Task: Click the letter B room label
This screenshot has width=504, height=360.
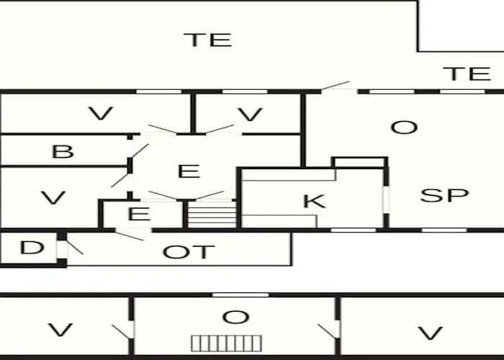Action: tap(63, 151)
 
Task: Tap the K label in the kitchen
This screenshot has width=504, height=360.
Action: tap(315, 201)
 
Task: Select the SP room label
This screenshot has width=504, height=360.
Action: tap(444, 195)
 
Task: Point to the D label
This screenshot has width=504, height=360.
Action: tap(32, 248)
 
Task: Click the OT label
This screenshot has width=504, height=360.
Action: tap(189, 252)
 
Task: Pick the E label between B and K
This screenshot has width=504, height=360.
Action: tap(189, 171)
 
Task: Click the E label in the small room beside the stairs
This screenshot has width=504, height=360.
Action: tap(139, 214)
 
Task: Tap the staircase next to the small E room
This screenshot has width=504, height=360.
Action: tap(212, 214)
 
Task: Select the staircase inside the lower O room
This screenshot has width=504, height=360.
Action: tap(227, 343)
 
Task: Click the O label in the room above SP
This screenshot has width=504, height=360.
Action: tap(404, 127)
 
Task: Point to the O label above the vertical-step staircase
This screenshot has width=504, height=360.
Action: tap(235, 318)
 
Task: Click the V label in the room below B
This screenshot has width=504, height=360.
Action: tap(53, 198)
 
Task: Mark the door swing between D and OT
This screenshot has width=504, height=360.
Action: tap(75, 247)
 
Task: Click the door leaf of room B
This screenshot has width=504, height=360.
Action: tap(140, 150)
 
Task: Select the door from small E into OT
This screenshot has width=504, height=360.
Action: tap(130, 235)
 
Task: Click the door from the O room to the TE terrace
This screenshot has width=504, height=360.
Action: tap(336, 86)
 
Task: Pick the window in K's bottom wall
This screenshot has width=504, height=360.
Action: tap(354, 230)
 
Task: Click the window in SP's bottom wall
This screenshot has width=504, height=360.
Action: tap(444, 230)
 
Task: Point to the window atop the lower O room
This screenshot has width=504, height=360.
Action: tap(240, 294)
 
